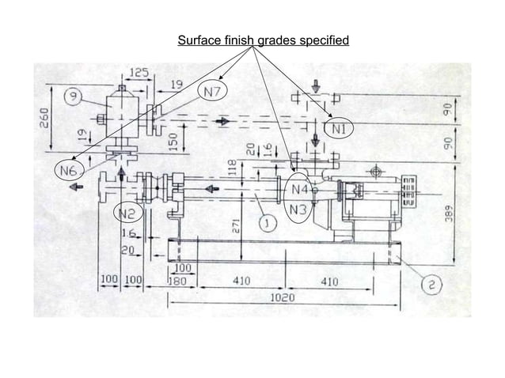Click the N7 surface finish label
pyautogui.click(x=212, y=92)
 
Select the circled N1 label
pyautogui.click(x=339, y=127)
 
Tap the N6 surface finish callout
pyautogui.click(x=68, y=170)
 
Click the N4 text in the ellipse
pyautogui.click(x=298, y=190)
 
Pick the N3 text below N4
pyautogui.click(x=298, y=210)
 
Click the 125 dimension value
pyautogui.click(x=139, y=73)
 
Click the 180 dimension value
pyautogui.click(x=177, y=282)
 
